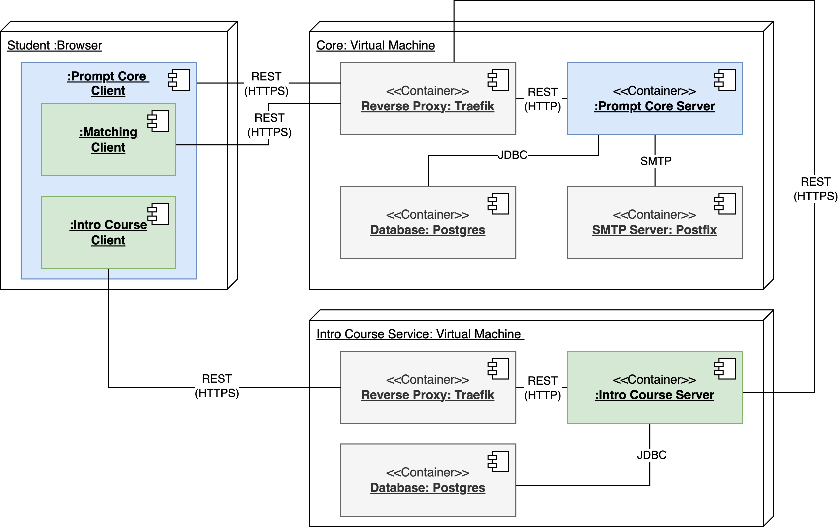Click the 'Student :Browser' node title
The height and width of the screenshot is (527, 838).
pos(54,46)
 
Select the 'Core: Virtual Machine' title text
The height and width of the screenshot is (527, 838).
pos(375,46)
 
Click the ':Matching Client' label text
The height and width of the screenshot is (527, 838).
pos(108,139)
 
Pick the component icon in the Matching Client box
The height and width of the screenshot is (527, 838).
pos(158,121)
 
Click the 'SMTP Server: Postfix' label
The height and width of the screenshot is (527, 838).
pos(654,230)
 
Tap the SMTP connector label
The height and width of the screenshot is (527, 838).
pos(656,161)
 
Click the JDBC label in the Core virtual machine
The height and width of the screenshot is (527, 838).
pos(512,155)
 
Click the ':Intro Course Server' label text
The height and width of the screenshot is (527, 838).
pos(654,395)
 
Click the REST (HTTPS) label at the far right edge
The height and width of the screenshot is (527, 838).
pos(815,189)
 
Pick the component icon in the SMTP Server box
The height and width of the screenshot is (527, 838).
pos(725,204)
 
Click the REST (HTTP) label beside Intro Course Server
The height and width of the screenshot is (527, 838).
pos(542,388)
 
